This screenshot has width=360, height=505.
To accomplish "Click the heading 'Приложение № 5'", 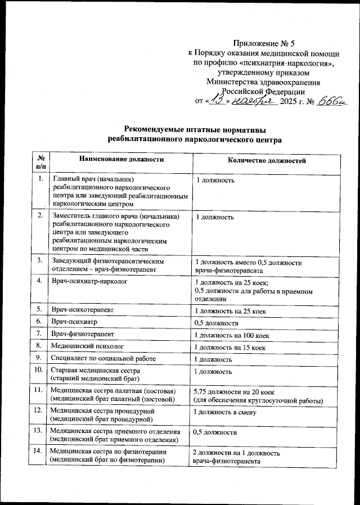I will [263, 43].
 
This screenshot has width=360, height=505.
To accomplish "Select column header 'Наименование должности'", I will [121, 160].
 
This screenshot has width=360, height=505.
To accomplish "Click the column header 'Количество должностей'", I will [266, 160].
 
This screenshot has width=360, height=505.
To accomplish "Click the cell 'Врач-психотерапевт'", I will [83, 309].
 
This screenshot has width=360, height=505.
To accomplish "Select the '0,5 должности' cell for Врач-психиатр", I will [217, 323].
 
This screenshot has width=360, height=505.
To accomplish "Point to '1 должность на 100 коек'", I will [231, 335].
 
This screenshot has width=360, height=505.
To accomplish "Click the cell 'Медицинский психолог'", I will [87, 347].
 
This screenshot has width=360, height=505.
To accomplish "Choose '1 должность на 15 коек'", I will [229, 348].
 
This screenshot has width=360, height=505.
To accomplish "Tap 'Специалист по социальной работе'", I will [103, 359].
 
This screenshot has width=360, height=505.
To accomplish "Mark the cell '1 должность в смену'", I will [224, 412].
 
